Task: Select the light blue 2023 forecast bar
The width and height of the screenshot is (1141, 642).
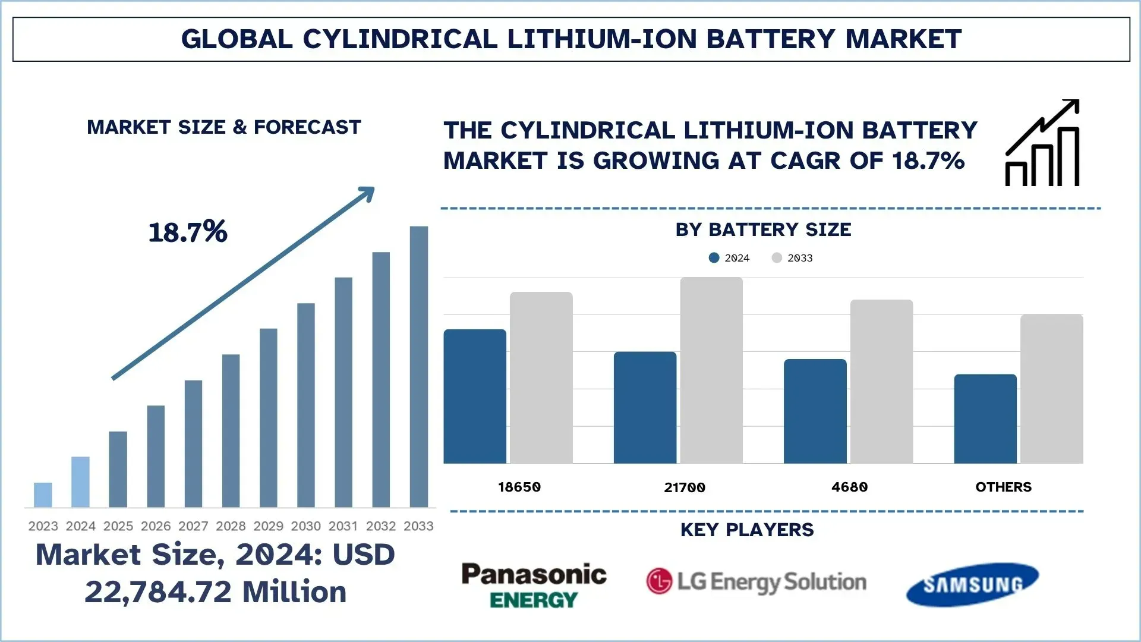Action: click(43, 495)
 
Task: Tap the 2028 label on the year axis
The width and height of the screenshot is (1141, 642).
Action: click(231, 526)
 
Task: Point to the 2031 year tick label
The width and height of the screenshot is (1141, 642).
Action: click(343, 526)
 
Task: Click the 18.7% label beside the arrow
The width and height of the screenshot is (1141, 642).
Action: click(188, 232)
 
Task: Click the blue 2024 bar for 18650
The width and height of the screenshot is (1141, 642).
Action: click(475, 396)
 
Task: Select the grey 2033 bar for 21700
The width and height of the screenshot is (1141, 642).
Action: click(711, 370)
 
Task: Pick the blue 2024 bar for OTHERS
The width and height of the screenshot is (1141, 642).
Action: click(985, 418)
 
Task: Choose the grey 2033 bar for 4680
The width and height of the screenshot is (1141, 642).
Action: click(881, 381)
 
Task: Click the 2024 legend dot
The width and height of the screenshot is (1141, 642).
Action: click(714, 257)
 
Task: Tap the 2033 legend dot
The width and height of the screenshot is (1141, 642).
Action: click(777, 257)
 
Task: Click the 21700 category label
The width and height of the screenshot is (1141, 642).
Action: click(685, 487)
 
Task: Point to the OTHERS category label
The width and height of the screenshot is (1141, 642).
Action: click(1003, 487)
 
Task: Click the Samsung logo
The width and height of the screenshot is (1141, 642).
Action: click(972, 584)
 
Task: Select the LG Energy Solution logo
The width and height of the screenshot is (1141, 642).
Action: click(756, 581)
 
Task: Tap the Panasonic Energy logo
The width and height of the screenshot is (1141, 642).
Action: click(534, 586)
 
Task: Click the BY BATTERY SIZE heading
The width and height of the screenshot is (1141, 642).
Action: click(763, 229)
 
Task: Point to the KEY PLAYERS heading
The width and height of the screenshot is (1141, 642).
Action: click(747, 530)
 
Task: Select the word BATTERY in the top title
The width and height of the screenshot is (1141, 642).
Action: click(771, 39)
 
